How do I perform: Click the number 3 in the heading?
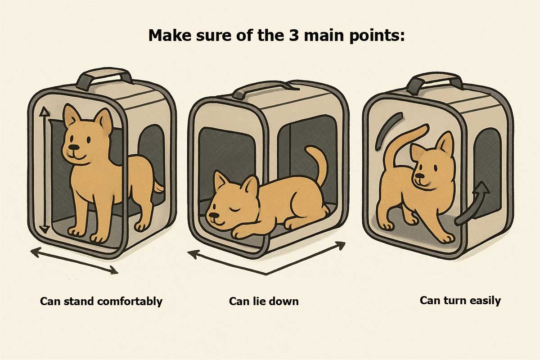[293, 35]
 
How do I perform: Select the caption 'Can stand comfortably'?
[101, 301]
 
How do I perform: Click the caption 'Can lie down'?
[264, 301]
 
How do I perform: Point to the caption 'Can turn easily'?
[460, 301]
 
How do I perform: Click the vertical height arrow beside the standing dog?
[44, 170]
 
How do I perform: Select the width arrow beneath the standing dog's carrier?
[74, 261]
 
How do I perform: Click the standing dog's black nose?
[74, 147]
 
